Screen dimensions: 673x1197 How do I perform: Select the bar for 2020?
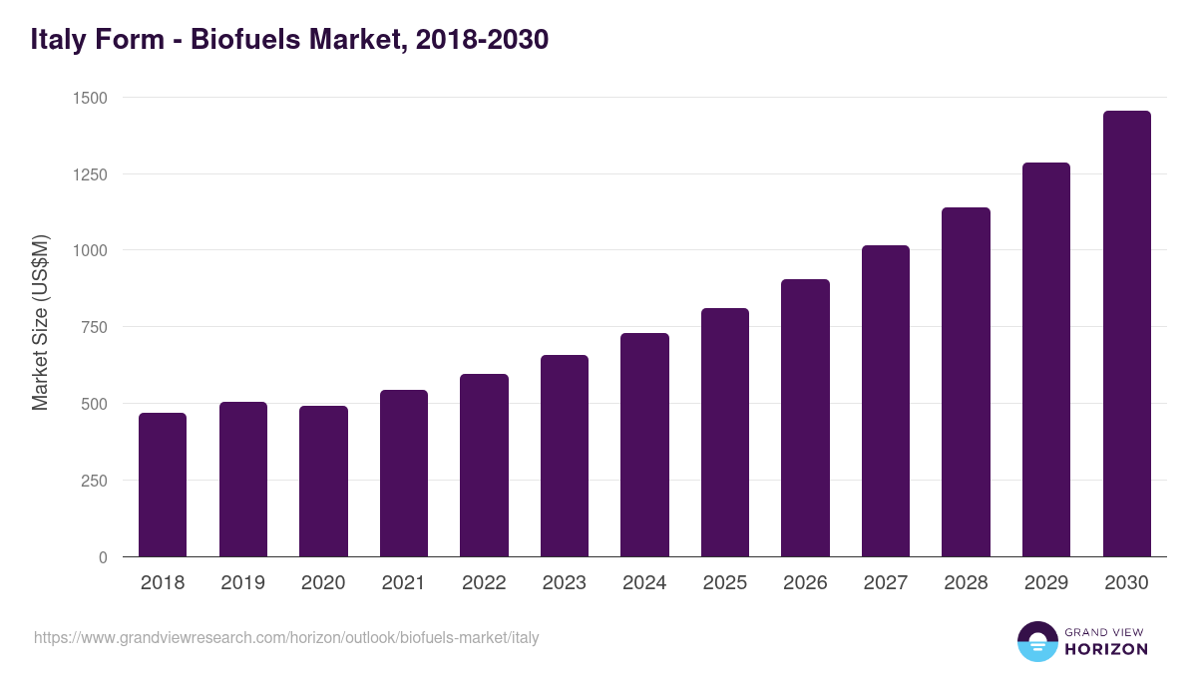click(x=323, y=482)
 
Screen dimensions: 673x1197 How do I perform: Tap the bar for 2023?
click(x=565, y=456)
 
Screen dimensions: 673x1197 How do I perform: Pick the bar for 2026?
click(x=805, y=418)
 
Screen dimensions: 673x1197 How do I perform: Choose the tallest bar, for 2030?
click(x=1126, y=334)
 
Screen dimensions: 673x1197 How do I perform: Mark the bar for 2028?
click(x=966, y=382)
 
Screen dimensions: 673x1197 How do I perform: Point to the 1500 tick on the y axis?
click(x=89, y=98)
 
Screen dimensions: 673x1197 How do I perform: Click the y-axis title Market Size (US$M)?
click(x=40, y=322)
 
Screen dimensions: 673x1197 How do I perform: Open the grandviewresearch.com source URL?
click(x=286, y=637)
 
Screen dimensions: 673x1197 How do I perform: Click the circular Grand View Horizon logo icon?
click(x=1036, y=641)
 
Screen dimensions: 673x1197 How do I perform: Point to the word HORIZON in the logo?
click(x=1106, y=649)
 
